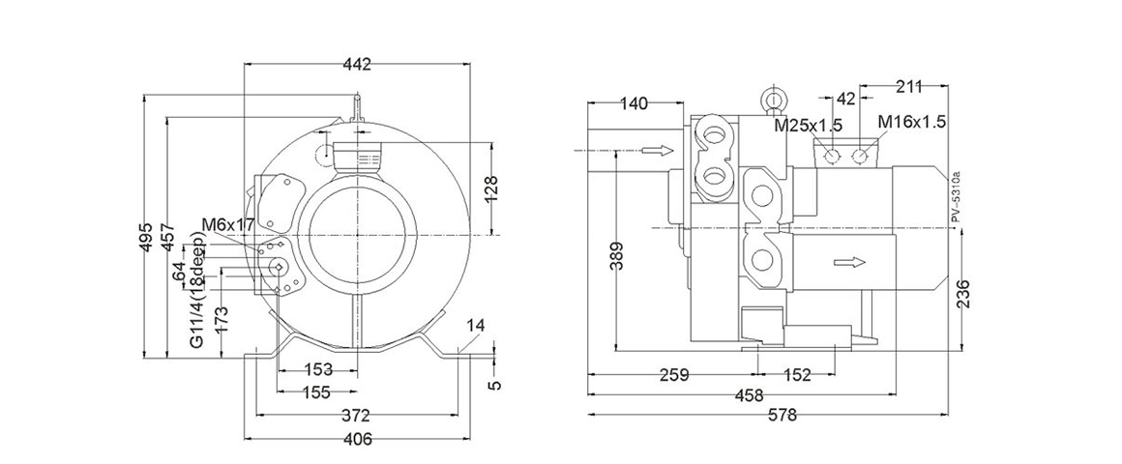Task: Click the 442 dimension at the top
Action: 357,65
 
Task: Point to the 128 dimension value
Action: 490,187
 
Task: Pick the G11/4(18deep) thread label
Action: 197,295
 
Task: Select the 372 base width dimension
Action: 357,417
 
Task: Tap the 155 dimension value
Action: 315,392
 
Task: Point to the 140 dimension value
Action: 634,103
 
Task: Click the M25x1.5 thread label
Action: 808,124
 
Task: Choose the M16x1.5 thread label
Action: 911,122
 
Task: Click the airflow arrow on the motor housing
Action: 847,262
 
